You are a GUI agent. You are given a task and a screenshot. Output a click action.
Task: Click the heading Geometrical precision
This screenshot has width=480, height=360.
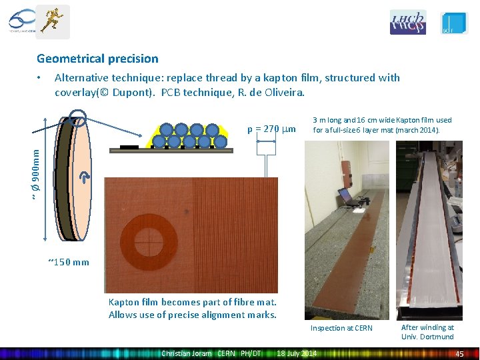(97, 59)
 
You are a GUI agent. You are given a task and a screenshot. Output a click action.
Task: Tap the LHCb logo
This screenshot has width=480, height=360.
(407, 22)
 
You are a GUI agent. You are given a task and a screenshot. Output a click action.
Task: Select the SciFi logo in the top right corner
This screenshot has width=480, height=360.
(454, 23)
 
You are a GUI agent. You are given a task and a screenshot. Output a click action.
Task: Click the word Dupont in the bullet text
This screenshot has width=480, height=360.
(130, 91)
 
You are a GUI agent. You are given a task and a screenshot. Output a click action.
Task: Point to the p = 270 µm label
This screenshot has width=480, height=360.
(271, 129)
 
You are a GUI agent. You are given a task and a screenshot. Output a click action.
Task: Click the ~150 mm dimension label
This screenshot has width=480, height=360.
(69, 261)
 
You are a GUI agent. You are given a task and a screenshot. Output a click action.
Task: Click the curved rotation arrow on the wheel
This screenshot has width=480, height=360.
(85, 177)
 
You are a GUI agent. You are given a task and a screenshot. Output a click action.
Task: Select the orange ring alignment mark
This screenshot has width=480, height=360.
(151, 236)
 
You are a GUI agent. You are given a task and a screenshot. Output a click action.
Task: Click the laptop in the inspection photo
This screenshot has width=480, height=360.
(347, 195)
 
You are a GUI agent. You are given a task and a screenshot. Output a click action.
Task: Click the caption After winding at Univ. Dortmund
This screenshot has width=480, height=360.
(427, 331)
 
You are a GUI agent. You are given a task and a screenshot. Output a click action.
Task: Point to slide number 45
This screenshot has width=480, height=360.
(459, 353)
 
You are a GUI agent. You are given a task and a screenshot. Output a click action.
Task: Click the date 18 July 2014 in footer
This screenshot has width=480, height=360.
(297, 353)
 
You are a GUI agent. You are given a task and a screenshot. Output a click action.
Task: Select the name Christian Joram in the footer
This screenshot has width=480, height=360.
(186, 353)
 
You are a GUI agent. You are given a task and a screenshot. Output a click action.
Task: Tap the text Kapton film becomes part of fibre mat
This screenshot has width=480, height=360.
(192, 302)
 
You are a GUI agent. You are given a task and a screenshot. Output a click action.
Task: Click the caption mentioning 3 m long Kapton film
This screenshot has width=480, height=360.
(382, 125)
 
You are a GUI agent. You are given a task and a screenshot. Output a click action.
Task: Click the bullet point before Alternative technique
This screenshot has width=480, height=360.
(41, 78)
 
